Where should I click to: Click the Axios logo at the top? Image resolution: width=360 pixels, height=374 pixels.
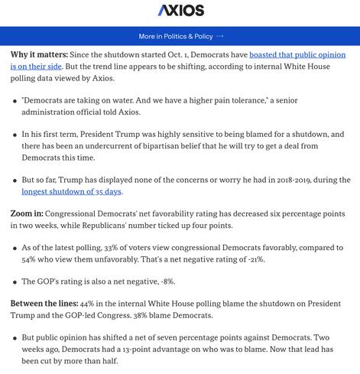tap(180, 11)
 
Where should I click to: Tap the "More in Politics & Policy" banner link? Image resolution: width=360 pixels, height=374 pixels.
tap(176, 36)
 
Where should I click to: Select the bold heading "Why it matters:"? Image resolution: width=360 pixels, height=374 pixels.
tap(40, 56)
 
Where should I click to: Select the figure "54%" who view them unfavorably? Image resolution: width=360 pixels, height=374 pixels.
tap(20, 261)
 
